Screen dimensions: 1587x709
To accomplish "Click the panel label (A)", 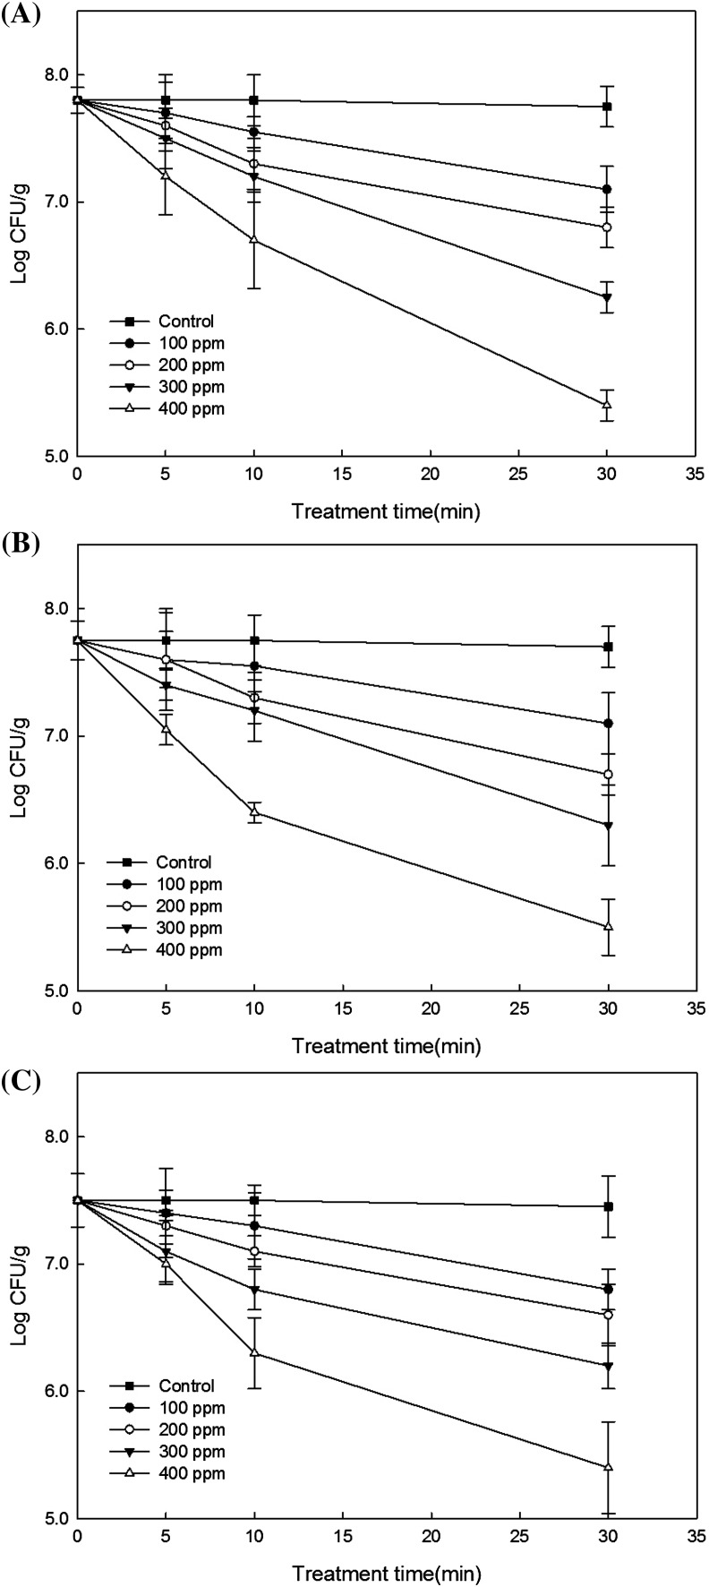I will pyautogui.click(x=19, y=16).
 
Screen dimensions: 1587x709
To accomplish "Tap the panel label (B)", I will pyautogui.click(x=19, y=545).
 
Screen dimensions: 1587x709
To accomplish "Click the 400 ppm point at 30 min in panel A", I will pyautogui.click(x=608, y=405).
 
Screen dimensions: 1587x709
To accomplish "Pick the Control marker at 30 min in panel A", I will pyautogui.click(x=608, y=107).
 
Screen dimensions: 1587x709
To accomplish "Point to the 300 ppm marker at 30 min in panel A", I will pyautogui.click(x=608, y=297).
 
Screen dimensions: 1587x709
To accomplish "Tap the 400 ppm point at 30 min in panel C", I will pyautogui.click(x=608, y=1467).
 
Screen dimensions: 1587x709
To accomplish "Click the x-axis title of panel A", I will pyautogui.click(x=386, y=512).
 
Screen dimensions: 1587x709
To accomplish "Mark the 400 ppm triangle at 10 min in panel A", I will pyautogui.click(x=254, y=240).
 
